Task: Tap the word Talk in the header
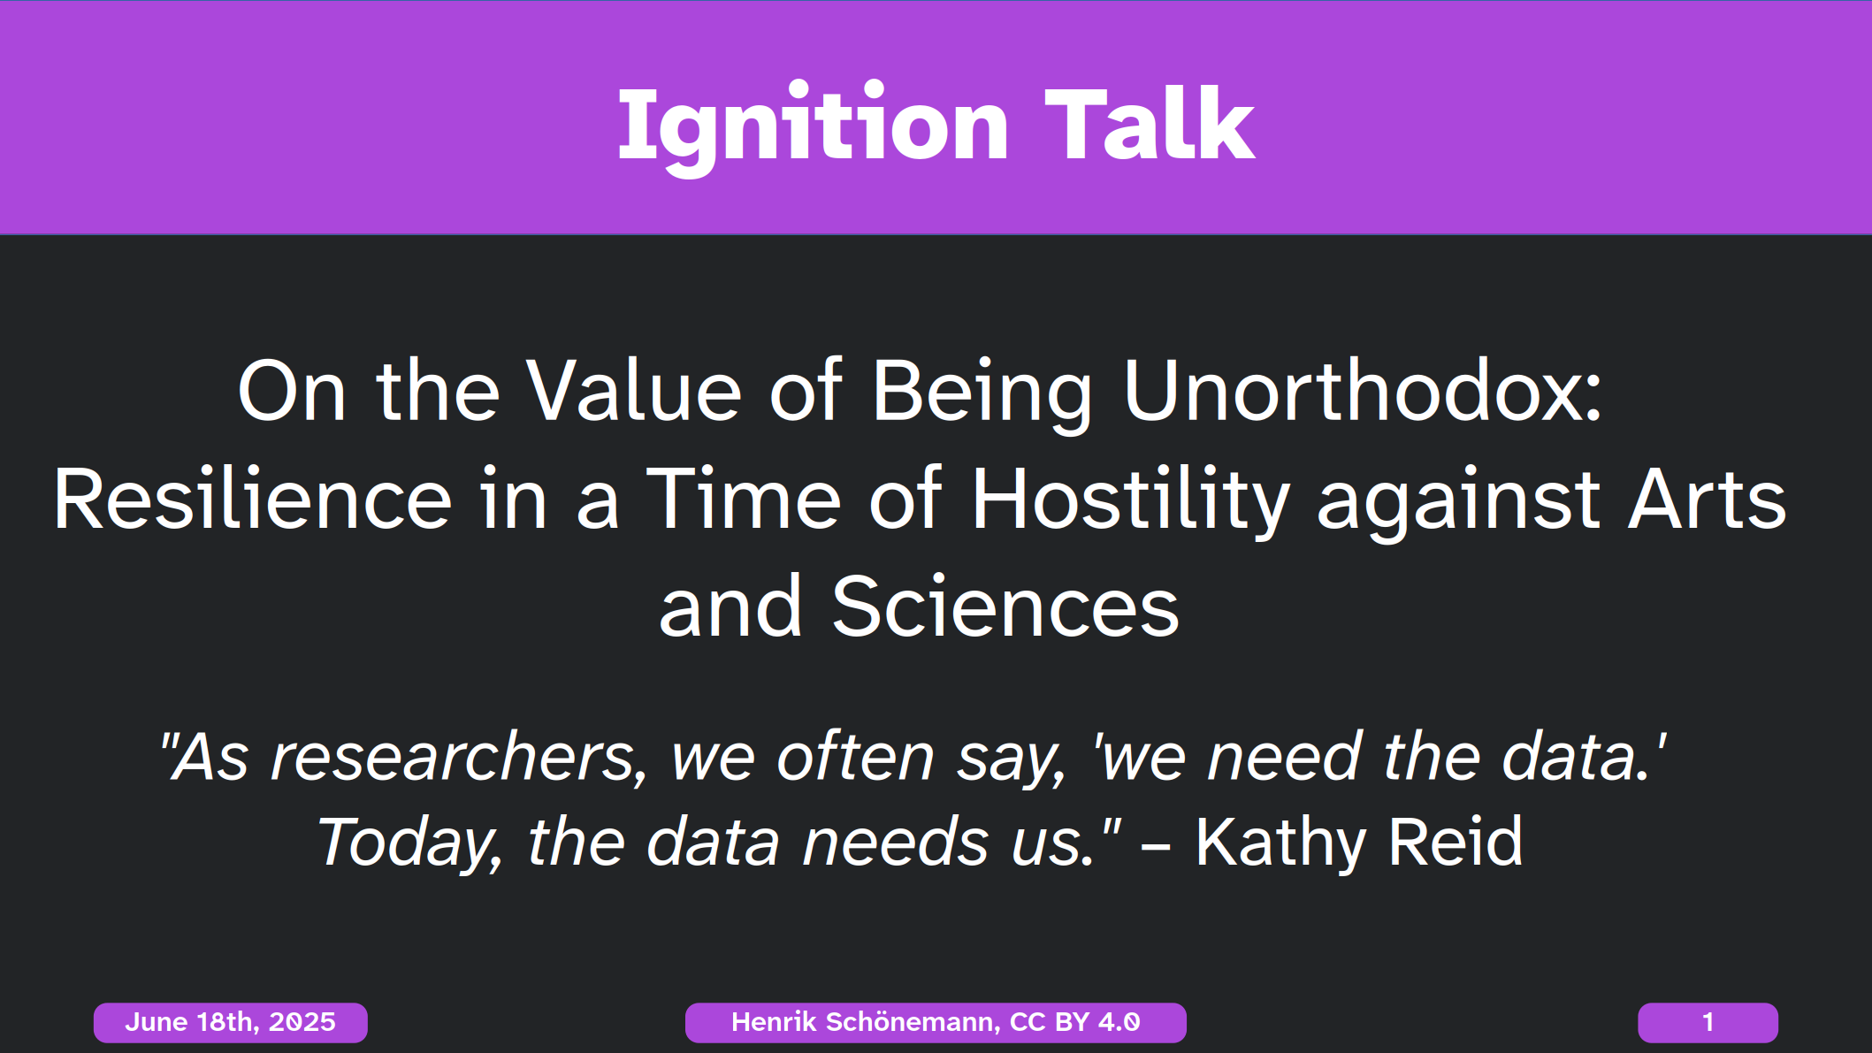tap(1150, 125)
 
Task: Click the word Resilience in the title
tap(252, 500)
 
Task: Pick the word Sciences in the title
tap(1005, 607)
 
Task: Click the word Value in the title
tap(634, 391)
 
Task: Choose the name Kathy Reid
tap(1359, 842)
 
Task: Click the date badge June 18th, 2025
tap(231, 1023)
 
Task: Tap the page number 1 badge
tap(1708, 1023)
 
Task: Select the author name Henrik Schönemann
tap(866, 1023)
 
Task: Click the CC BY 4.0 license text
tap(1075, 1023)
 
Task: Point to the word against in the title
tap(1458, 505)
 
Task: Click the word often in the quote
tap(855, 758)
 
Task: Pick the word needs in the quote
tap(895, 843)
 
